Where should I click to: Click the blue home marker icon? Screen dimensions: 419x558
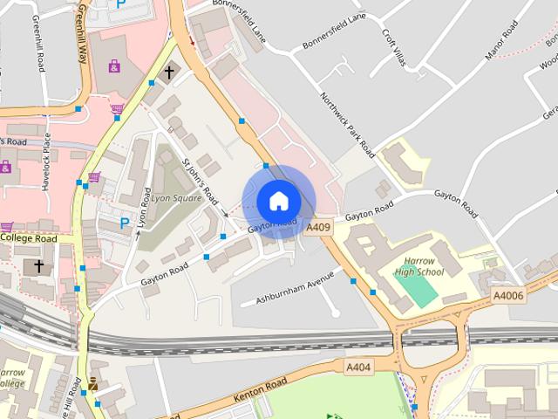(x=278, y=201)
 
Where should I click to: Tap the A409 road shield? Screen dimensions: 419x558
(x=318, y=228)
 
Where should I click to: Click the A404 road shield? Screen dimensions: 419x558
(x=357, y=367)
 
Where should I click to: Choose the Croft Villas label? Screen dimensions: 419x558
(x=395, y=47)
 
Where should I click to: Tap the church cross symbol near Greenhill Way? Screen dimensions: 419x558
(x=169, y=72)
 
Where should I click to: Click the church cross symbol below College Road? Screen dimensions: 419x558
(x=37, y=264)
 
